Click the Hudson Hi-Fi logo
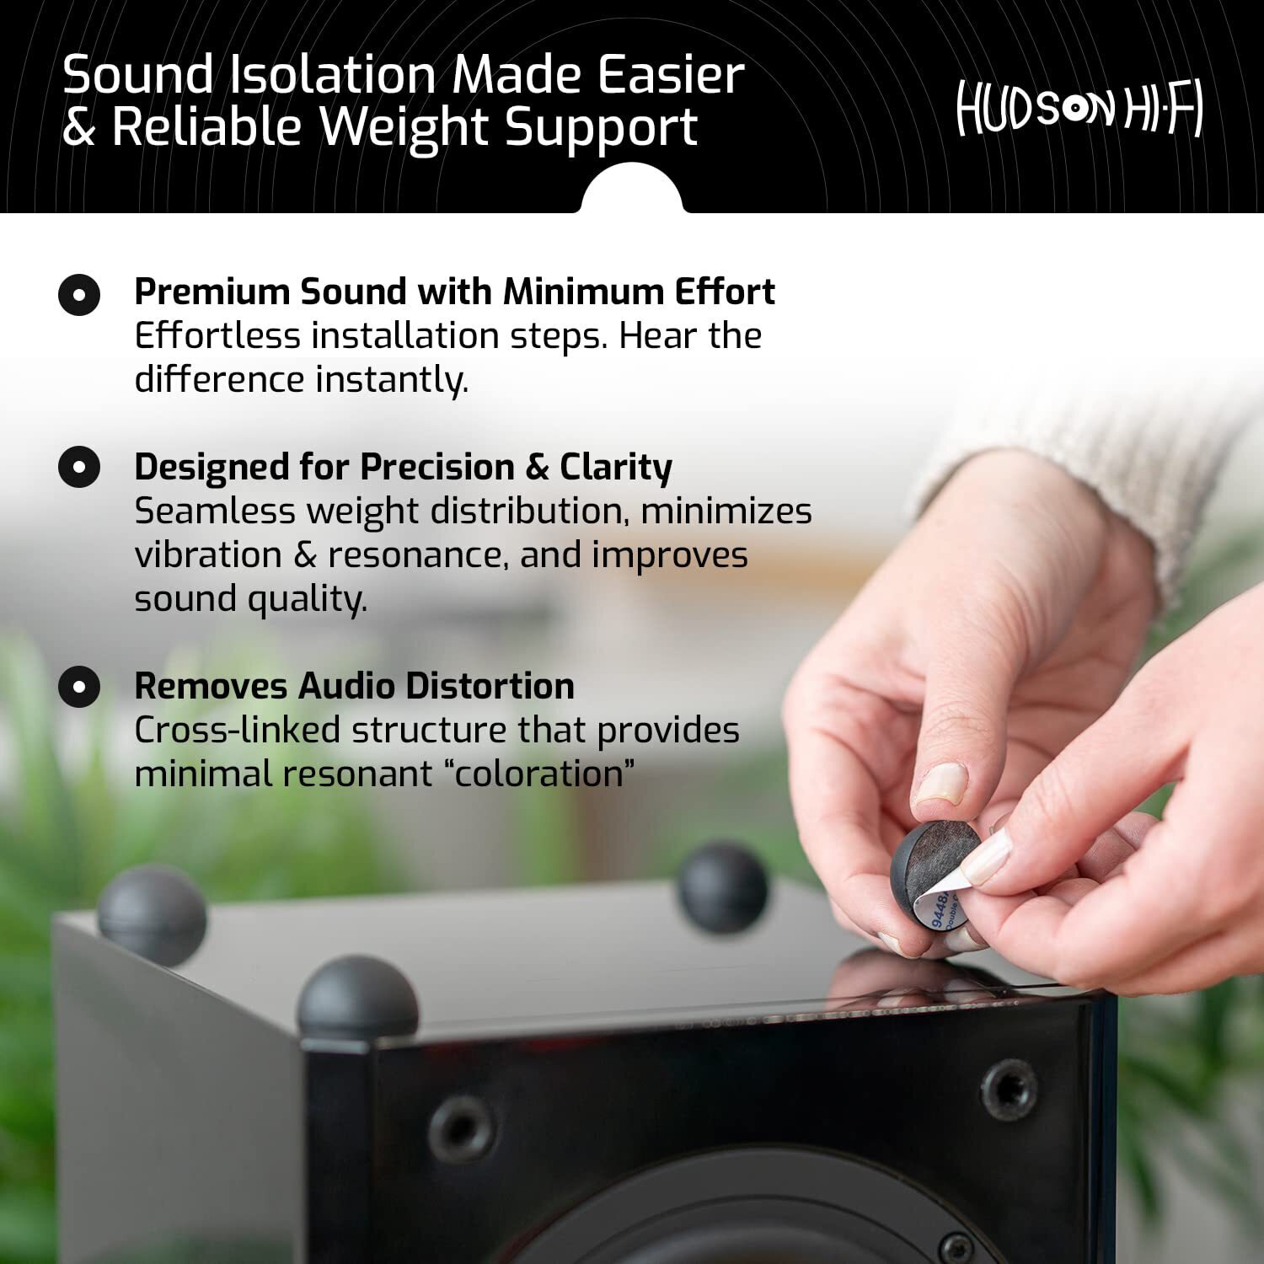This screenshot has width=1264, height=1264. pos(1079,109)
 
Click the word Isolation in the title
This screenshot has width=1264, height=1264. pos(333,74)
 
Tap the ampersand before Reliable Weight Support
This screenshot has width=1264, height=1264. pos(79,128)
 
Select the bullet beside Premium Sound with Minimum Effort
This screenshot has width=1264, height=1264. pos(79,295)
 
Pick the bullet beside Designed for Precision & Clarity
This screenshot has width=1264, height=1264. pos(79,467)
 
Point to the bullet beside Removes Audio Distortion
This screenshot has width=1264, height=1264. pos(79,686)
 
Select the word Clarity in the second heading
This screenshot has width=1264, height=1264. pos(616,468)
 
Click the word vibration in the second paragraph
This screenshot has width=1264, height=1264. pos(208,555)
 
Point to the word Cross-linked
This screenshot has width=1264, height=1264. pos(237,731)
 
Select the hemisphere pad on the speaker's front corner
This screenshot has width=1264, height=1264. pos(358,998)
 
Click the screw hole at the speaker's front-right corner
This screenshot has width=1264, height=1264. pos(1008,1090)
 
